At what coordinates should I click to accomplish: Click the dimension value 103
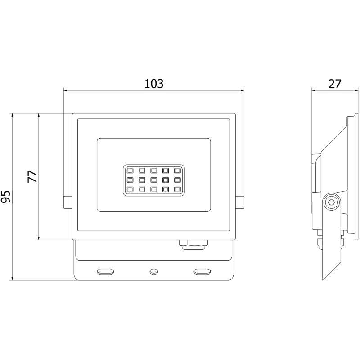[153, 83]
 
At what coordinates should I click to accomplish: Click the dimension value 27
[334, 83]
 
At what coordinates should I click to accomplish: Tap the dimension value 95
[6, 197]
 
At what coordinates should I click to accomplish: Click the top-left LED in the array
[129, 171]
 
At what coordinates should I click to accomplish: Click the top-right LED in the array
[177, 171]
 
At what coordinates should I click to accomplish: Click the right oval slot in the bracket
[202, 271]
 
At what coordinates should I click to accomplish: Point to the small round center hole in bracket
[153, 271]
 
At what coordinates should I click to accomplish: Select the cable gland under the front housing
[193, 243]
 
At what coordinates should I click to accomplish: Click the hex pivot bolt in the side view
[332, 203]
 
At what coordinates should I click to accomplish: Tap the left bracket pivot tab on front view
[68, 202]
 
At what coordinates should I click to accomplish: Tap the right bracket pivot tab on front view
[239, 202]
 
